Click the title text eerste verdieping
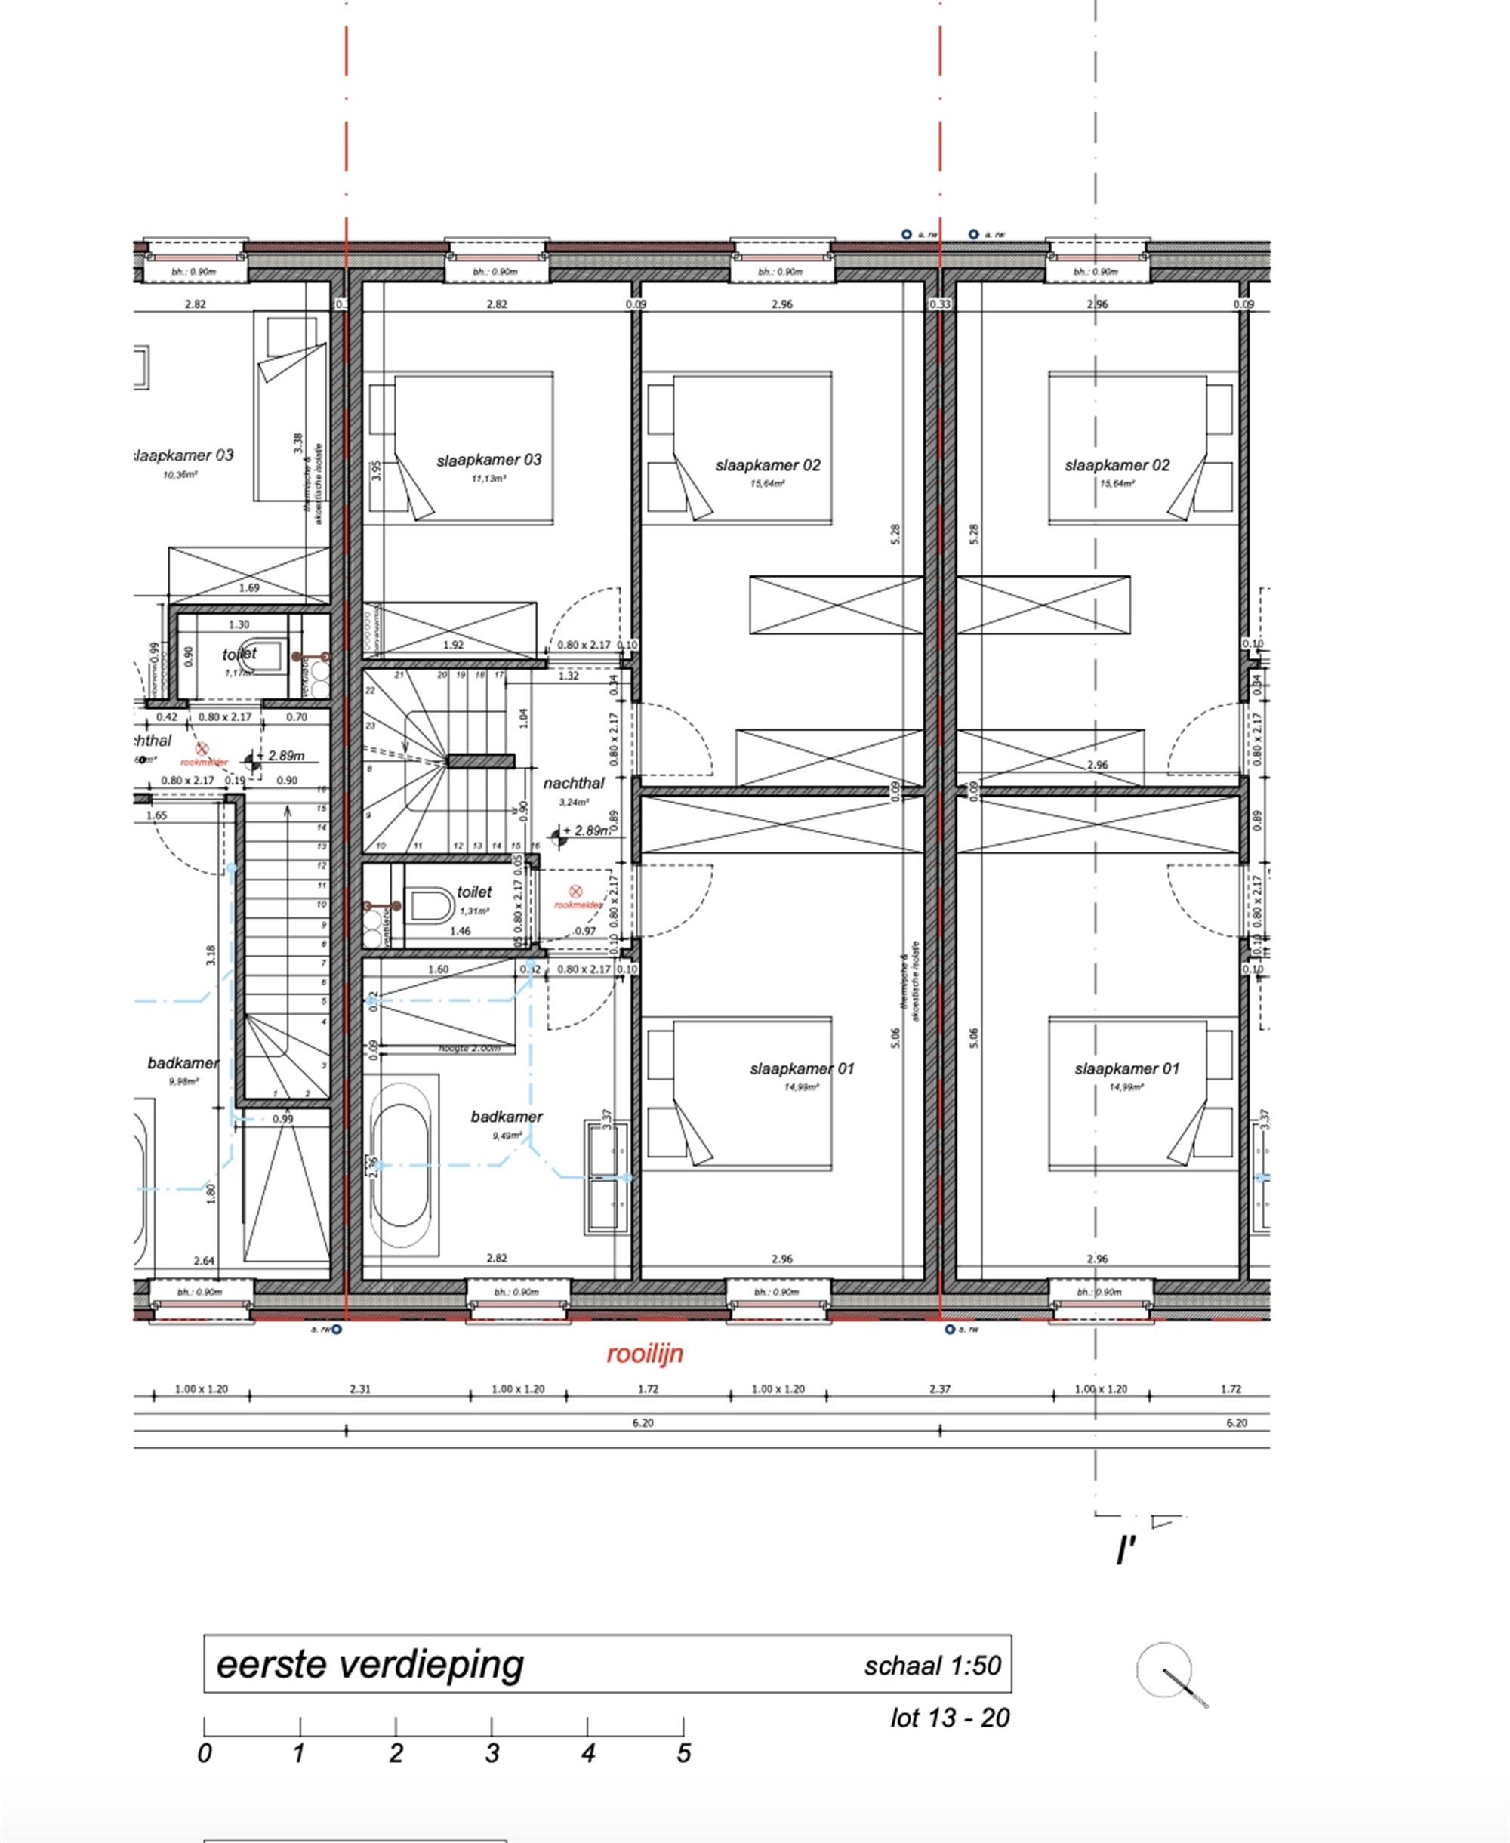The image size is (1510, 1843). click(x=370, y=1664)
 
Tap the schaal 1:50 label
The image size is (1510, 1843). click(x=932, y=1666)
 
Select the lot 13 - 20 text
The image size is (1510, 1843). click(x=950, y=1718)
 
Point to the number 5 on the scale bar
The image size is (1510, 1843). click(x=684, y=1753)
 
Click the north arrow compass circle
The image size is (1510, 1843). click(x=1163, y=1670)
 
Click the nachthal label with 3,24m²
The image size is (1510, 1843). click(x=573, y=784)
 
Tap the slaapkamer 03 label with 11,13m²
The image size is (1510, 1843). click(x=488, y=460)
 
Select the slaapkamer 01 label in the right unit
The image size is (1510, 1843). click(x=1126, y=1069)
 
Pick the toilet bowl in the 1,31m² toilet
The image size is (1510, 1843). click(x=430, y=905)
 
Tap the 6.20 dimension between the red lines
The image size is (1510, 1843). click(x=642, y=1423)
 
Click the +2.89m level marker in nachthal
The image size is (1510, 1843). click(x=584, y=831)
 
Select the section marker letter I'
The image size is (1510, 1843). click(x=1126, y=1552)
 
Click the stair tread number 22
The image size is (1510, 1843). click(x=370, y=691)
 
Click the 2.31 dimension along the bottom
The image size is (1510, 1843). click(x=360, y=1389)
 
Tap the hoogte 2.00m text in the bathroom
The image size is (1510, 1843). click(x=469, y=1049)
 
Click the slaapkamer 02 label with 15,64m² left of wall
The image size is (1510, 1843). click(x=768, y=465)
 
